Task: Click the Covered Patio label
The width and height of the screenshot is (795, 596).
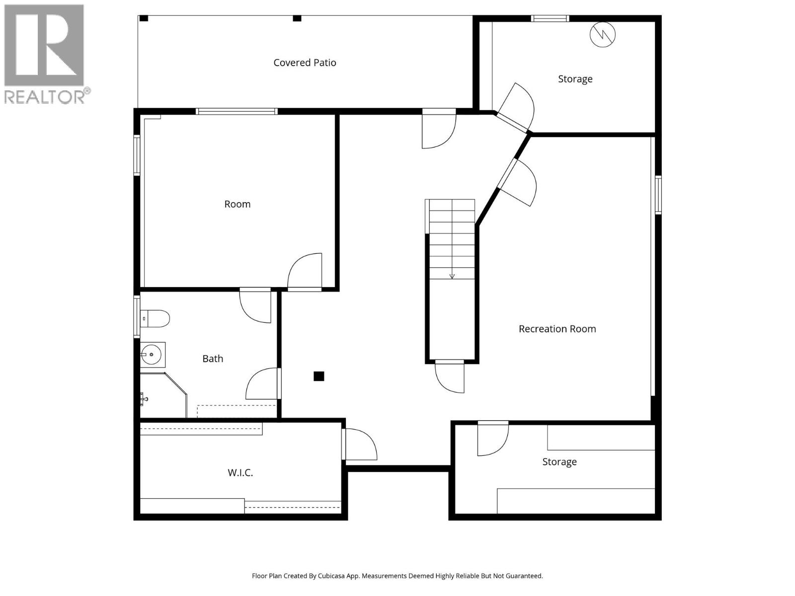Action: pyautogui.click(x=305, y=63)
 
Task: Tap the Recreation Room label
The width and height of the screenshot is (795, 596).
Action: pyautogui.click(x=557, y=329)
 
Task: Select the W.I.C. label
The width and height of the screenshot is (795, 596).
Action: pyautogui.click(x=240, y=473)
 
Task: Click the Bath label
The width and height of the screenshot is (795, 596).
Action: pyautogui.click(x=213, y=359)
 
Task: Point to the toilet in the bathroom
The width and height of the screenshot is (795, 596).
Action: pyautogui.click(x=156, y=318)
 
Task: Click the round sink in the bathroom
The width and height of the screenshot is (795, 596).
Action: pyautogui.click(x=151, y=354)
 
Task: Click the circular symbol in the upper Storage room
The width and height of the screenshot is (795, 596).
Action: pyautogui.click(x=602, y=34)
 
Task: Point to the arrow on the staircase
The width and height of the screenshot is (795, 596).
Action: pyautogui.click(x=452, y=276)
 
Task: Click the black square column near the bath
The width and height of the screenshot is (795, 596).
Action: pyautogui.click(x=319, y=376)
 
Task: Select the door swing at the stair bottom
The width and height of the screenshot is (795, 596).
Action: pyautogui.click(x=450, y=377)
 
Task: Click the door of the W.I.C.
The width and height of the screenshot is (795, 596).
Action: pyautogui.click(x=360, y=444)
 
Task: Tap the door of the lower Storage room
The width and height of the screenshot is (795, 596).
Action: pyautogui.click(x=492, y=439)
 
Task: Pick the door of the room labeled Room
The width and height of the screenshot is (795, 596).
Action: pyautogui.click(x=305, y=271)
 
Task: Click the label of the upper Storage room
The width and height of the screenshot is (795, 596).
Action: pyautogui.click(x=575, y=79)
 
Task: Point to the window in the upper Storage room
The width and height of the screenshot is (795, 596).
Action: pyautogui.click(x=550, y=19)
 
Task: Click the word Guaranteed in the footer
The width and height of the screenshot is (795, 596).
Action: pyautogui.click(x=522, y=576)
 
